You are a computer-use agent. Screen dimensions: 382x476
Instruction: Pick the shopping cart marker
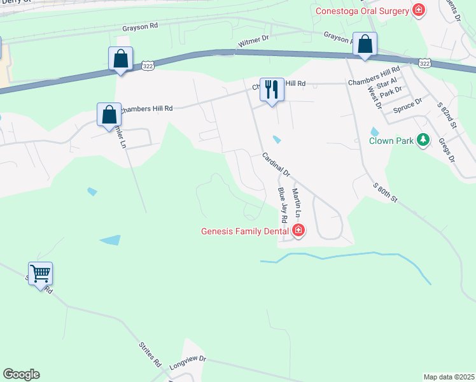(41, 274)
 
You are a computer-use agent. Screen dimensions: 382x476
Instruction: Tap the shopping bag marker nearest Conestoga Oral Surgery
(365, 45)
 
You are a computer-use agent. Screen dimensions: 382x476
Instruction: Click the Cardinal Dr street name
(275, 164)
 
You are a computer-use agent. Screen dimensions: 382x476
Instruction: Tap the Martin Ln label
(297, 201)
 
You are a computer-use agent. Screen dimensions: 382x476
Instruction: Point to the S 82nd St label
(448, 115)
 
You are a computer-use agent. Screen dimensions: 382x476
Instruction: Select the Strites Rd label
(149, 355)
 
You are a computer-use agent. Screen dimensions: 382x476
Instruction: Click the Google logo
(21, 374)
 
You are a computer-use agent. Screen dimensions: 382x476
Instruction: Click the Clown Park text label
(391, 140)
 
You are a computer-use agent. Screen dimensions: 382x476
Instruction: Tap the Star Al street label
(387, 83)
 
